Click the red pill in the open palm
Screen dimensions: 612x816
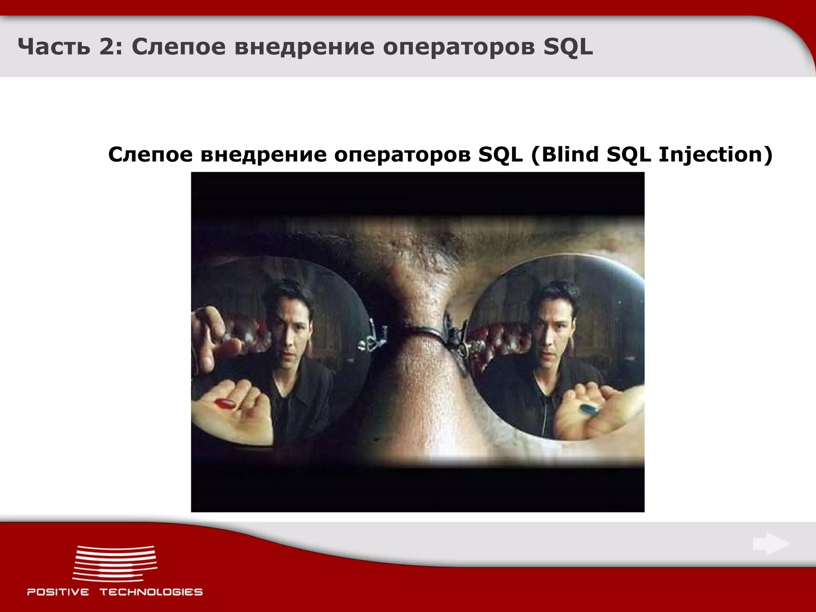coord(226,404)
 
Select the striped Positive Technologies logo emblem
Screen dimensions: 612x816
coord(115,563)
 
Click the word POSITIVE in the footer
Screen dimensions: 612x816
coord(58,592)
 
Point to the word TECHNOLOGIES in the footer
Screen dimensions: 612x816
coord(151,592)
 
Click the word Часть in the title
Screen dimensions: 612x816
coord(51,47)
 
